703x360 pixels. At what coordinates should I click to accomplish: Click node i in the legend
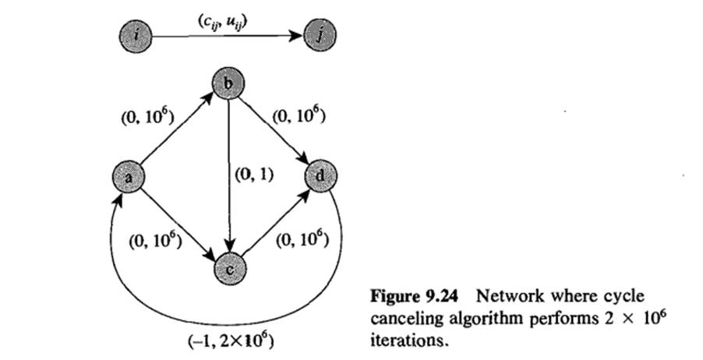(x=138, y=36)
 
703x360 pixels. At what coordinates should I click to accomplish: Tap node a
(x=128, y=178)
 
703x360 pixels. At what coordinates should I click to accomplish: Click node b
(x=228, y=84)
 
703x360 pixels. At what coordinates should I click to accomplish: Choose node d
(x=320, y=178)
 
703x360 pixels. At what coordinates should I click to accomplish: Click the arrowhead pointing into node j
(x=296, y=36)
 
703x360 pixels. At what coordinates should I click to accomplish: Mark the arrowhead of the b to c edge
(x=228, y=247)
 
